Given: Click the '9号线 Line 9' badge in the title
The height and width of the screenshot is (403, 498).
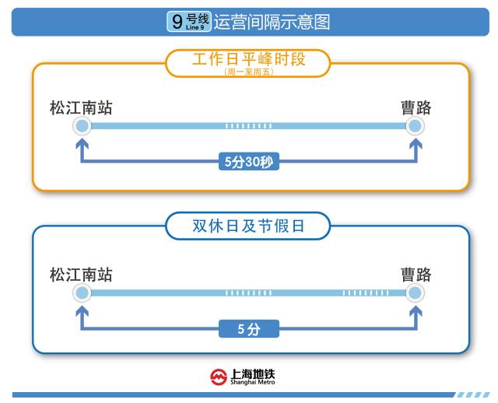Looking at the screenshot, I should pos(188,22).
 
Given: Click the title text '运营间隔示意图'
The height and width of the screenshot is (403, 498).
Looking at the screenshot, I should pos(272,22).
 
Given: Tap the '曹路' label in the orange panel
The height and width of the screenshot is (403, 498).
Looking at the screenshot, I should pos(416,108).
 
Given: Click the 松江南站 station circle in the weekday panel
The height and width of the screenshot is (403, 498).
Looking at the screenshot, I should pos(82,126).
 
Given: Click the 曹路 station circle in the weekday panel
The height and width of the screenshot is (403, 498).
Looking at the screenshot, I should pos(416,126).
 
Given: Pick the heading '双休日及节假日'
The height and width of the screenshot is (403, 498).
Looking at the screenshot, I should pos(248,226).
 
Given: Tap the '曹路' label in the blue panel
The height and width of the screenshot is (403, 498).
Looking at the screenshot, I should pos(416,275).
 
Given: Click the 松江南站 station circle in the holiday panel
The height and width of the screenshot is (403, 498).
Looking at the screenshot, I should pos(82,293).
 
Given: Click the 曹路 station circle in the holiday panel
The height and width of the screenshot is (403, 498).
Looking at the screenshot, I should pos(416,293).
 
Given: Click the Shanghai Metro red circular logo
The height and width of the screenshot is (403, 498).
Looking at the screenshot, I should pos(219,377).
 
